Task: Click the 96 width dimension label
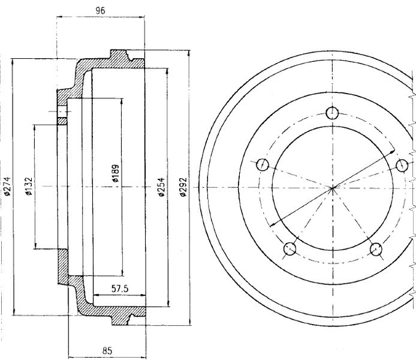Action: [x=101, y=10]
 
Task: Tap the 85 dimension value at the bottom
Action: [x=107, y=351]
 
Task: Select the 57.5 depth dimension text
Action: [x=120, y=289]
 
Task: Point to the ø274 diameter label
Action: [x=7, y=186]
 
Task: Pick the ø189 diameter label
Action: [x=116, y=173]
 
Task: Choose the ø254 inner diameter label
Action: [x=161, y=187]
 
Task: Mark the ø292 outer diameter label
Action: [x=183, y=187]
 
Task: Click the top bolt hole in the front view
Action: [x=332, y=113]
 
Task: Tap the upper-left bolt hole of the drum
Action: [x=263, y=164]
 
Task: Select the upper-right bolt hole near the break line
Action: [x=402, y=166]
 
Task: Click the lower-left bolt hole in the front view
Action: [x=290, y=249]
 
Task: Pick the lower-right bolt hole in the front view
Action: [x=376, y=249]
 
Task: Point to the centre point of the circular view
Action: [x=333, y=188]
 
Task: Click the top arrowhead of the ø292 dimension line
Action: [x=189, y=53]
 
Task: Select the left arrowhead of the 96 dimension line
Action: [x=59, y=17]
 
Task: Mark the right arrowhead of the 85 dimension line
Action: [x=143, y=358]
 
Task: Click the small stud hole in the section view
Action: [x=62, y=112]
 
